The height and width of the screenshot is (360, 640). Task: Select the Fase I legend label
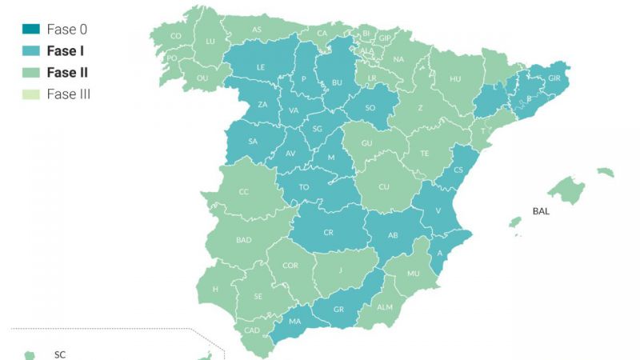[67, 51]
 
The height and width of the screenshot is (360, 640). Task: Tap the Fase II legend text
[68, 73]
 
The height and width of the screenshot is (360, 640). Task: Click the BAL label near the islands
[541, 212]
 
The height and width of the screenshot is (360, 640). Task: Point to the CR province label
[328, 232]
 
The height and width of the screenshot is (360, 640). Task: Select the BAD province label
[244, 239]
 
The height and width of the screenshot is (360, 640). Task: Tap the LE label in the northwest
[261, 67]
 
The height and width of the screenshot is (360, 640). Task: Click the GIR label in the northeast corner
[555, 78]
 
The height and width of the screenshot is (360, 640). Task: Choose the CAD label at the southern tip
[251, 330]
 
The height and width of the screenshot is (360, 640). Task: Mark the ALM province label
[385, 307]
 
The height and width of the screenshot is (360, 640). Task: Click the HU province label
[456, 78]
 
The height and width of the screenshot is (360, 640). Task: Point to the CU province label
[384, 187]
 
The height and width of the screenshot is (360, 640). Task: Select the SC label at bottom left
[59, 353]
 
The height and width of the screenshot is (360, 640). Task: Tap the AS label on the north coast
[257, 30]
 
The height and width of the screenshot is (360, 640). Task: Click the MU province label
[414, 274]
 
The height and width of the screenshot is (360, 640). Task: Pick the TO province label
[304, 187]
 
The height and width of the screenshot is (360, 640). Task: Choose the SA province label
[253, 141]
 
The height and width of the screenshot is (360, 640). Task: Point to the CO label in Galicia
[176, 36]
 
